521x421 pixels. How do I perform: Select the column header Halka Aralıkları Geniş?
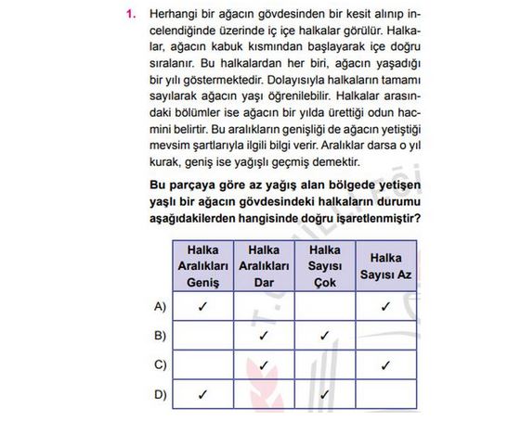(x=202, y=265)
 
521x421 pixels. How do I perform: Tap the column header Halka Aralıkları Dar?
(x=264, y=265)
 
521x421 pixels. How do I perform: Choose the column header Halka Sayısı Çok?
(x=325, y=265)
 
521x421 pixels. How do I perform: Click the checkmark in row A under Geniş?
(x=202, y=305)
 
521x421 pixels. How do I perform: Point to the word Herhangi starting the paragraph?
(x=172, y=16)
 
